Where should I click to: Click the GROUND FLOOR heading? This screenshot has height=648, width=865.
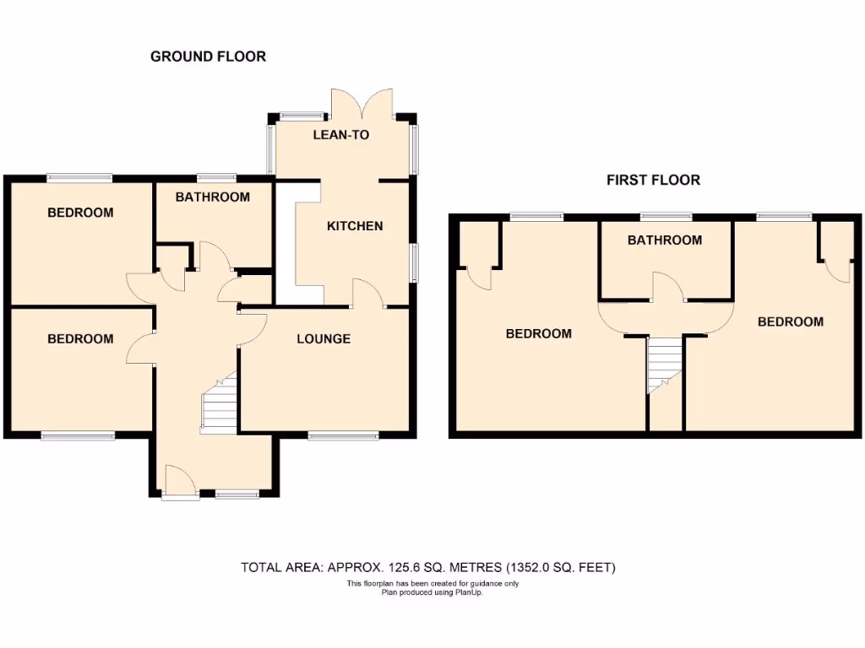[208, 57]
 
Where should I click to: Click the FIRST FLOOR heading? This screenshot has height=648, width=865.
[653, 180]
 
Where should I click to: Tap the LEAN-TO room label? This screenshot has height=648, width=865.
[341, 134]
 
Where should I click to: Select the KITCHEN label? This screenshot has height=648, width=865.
[355, 226]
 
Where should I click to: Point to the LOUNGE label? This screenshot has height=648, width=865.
[324, 339]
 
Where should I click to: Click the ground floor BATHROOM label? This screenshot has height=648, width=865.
[212, 197]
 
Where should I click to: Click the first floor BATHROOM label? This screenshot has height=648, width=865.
[664, 240]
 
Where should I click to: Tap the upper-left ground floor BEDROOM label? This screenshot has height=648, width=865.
[80, 213]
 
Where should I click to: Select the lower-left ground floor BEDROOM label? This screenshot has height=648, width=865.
[80, 339]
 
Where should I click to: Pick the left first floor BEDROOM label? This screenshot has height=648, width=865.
[538, 333]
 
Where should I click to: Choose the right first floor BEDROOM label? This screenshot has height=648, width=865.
[790, 321]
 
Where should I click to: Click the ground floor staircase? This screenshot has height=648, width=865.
[219, 405]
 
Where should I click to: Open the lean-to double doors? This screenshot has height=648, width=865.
[362, 103]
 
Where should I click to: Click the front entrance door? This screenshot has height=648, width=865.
[178, 482]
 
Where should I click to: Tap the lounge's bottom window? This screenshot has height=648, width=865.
[343, 436]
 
